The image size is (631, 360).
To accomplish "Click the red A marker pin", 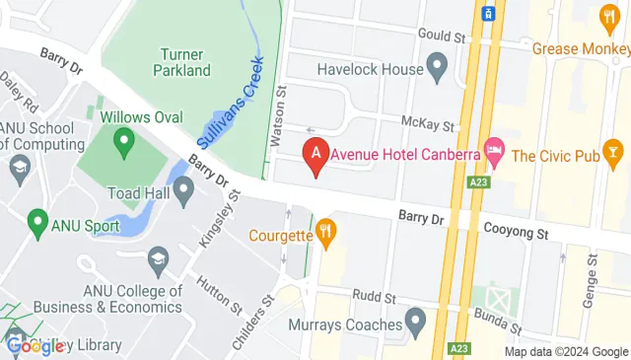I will pos(316,155).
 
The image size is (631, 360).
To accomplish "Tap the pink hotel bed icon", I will pos(495,154).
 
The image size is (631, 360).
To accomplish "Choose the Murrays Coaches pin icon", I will pos(415,323).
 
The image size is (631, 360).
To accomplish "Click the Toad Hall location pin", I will pos(183,190).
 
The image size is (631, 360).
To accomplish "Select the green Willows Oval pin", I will pos(123,144).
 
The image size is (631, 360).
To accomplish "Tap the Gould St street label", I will pos(440,36).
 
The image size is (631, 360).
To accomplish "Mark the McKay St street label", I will pos(429,124).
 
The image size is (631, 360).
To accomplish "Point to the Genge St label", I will pos(594,275).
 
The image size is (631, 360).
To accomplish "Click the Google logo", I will pos(35,345).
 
